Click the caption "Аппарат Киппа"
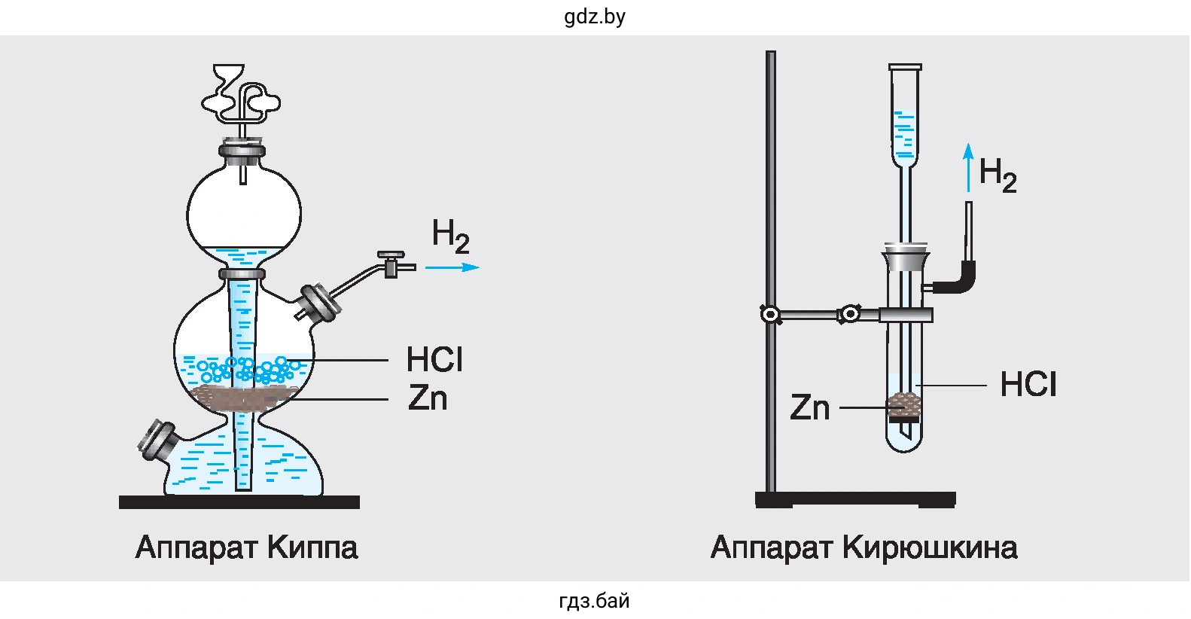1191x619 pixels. click(x=246, y=547)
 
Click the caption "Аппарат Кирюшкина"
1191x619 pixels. click(x=864, y=547)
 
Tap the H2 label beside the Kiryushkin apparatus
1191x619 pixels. click(x=998, y=175)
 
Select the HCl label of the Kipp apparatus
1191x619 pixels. click(x=434, y=359)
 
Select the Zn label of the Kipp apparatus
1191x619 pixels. click(x=428, y=398)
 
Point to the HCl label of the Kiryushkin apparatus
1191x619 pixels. click(x=1028, y=385)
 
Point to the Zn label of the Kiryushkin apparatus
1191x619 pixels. click(x=809, y=407)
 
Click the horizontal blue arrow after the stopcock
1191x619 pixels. click(x=452, y=267)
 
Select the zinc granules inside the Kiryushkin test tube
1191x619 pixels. click(x=904, y=404)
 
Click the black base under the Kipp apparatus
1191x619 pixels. click(x=239, y=502)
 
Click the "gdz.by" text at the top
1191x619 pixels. click(x=595, y=17)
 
